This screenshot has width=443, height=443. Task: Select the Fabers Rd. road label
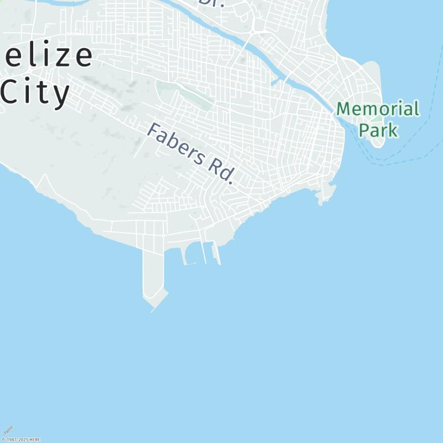click(191, 153)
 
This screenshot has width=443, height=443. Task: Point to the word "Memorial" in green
click(378, 109)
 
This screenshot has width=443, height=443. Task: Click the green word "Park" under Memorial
click(378, 130)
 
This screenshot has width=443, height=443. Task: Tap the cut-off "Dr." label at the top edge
click(210, 3)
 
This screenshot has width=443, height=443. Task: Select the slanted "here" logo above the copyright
click(8, 431)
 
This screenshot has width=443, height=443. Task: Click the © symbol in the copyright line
click(3, 440)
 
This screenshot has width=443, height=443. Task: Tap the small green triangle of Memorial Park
click(377, 118)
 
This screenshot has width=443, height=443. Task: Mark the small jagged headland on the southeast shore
click(327, 193)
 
